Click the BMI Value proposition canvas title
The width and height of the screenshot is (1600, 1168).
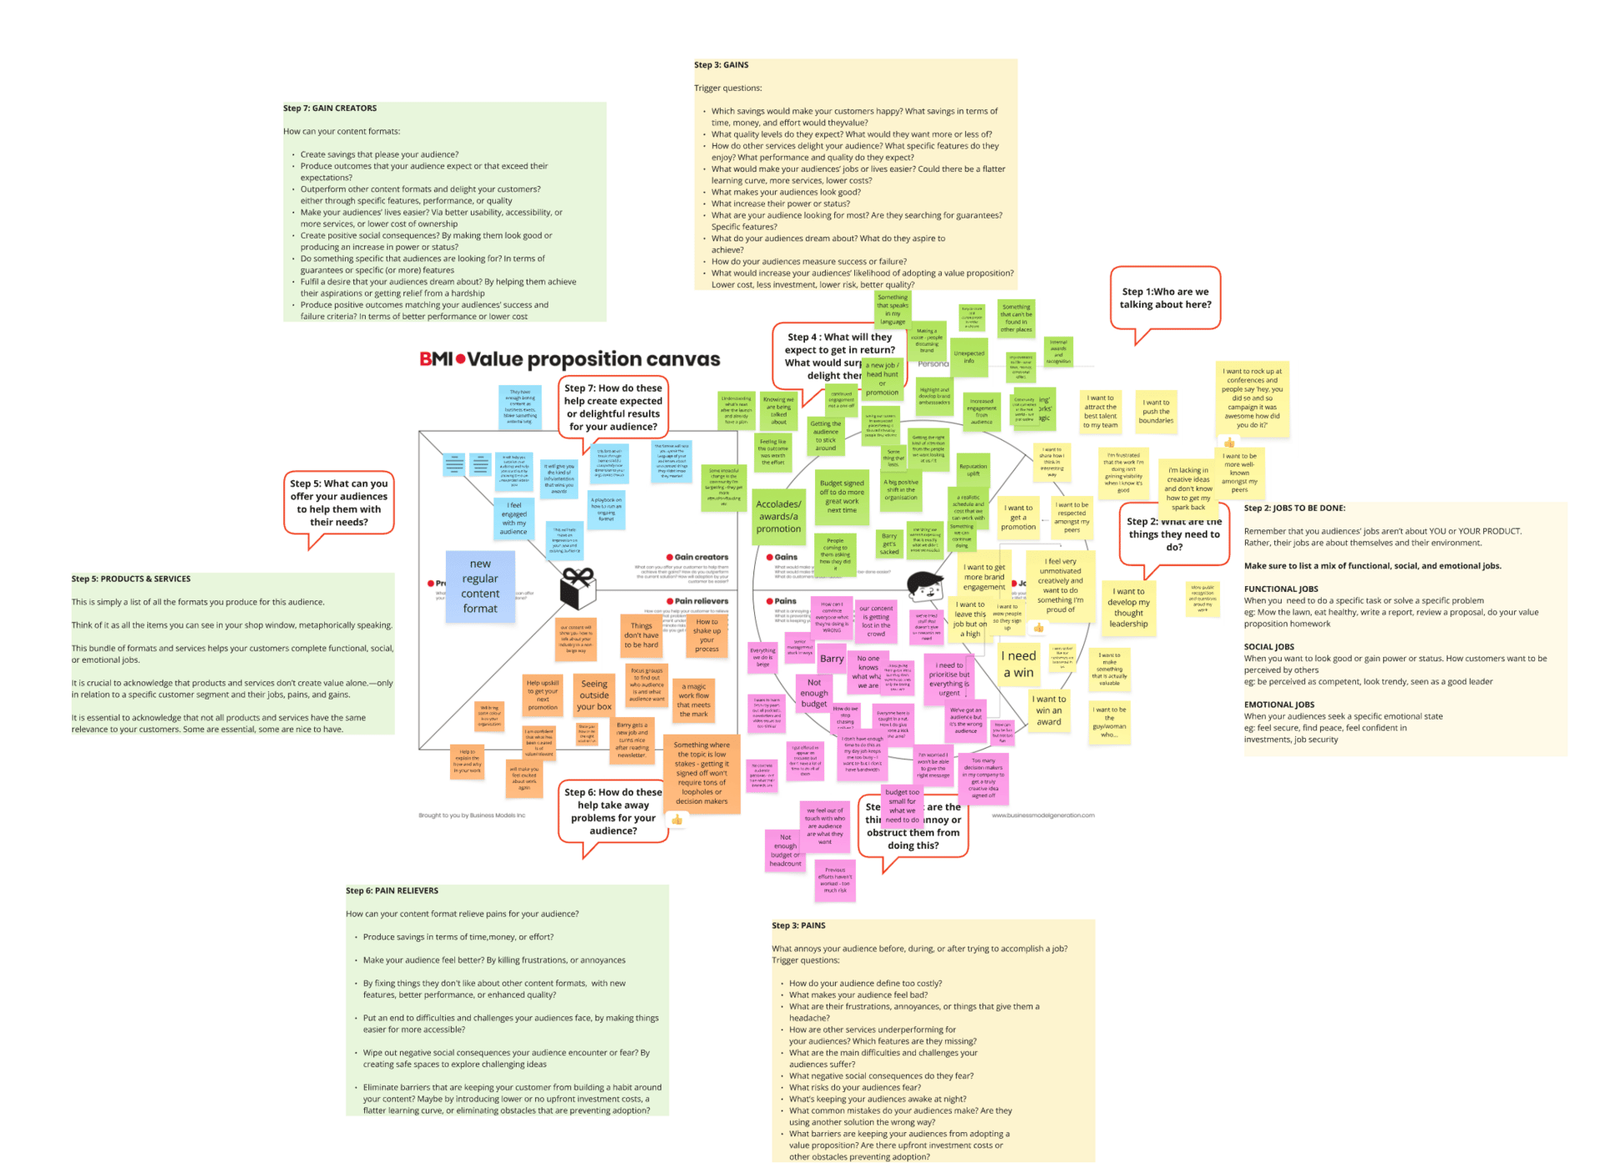(x=569, y=359)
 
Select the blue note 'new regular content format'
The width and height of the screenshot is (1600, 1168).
(x=480, y=586)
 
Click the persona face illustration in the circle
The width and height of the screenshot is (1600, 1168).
(x=924, y=585)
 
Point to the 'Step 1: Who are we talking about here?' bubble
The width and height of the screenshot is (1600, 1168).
(x=1165, y=298)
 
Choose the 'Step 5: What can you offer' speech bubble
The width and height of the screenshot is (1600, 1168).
(x=338, y=503)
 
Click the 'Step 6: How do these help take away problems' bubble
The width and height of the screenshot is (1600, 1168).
(x=613, y=811)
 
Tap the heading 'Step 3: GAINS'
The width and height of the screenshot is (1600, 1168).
(x=721, y=65)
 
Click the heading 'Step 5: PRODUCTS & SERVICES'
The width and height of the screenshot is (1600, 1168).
(x=131, y=579)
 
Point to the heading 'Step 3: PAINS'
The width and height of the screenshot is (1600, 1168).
(x=798, y=925)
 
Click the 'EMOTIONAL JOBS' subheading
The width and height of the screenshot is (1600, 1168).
(x=1280, y=704)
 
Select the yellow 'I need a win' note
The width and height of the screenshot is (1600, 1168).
(x=1018, y=664)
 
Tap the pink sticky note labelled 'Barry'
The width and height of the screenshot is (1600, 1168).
(x=832, y=659)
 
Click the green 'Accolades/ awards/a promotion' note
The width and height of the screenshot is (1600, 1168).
(x=778, y=516)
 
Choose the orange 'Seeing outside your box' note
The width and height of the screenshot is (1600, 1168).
(x=594, y=695)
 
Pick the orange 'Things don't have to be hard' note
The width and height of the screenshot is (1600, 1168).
(x=642, y=635)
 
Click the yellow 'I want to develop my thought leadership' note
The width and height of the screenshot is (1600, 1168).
(x=1128, y=608)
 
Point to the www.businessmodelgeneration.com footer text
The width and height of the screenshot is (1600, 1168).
(x=1042, y=815)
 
